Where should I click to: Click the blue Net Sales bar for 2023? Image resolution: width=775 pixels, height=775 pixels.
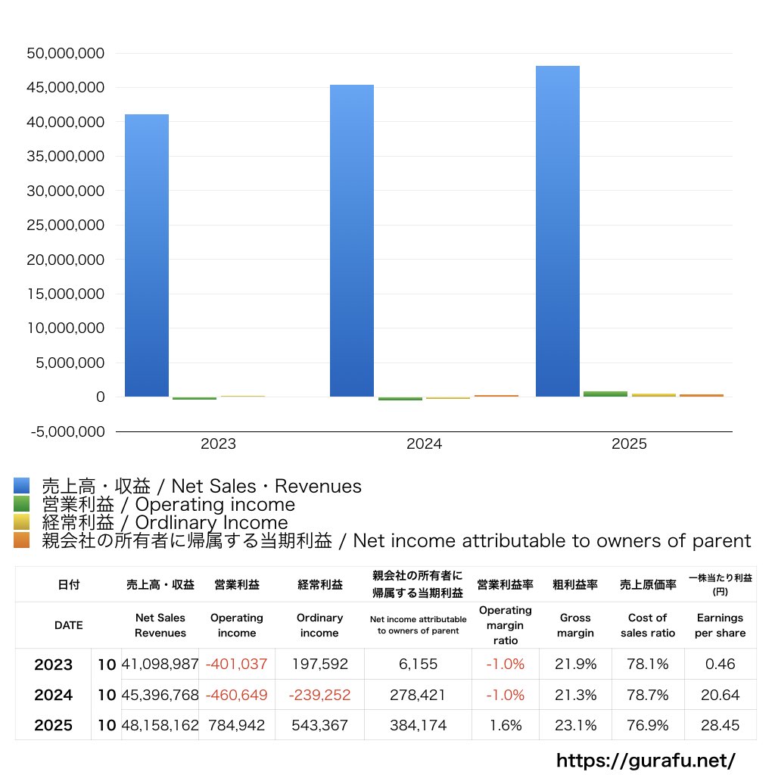click(x=147, y=256)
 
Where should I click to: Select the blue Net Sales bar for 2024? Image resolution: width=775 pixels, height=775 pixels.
click(x=352, y=241)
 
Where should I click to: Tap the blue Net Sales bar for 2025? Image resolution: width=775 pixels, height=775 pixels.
click(x=558, y=232)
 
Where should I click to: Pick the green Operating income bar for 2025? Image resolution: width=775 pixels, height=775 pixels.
click(x=605, y=394)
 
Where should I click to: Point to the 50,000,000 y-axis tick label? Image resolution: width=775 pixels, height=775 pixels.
click(x=66, y=54)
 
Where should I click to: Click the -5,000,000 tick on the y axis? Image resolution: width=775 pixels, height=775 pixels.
click(x=67, y=431)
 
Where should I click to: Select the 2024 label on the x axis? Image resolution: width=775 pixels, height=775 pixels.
click(x=424, y=444)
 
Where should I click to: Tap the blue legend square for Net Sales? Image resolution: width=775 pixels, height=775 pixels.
click(x=22, y=485)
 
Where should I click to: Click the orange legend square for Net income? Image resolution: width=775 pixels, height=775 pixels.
click(x=22, y=540)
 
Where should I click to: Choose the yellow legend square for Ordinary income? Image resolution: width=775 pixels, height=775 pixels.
click(x=22, y=522)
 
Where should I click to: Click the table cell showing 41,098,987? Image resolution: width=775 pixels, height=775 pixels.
click(x=160, y=664)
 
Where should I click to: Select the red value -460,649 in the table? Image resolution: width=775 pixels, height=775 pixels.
click(x=236, y=695)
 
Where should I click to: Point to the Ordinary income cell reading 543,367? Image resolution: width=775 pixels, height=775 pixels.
click(x=320, y=725)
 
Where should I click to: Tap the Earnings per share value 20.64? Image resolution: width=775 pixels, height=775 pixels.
click(x=721, y=695)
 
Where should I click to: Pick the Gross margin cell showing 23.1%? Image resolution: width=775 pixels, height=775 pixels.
click(x=575, y=725)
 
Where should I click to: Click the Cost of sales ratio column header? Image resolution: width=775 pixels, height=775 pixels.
click(x=648, y=625)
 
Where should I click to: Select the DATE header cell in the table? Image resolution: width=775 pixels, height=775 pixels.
click(x=69, y=625)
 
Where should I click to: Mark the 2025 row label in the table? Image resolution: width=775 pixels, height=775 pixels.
click(x=54, y=725)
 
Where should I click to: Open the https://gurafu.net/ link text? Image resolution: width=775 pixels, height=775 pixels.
click(x=646, y=760)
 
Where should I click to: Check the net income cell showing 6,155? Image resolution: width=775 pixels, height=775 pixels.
click(x=418, y=664)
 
